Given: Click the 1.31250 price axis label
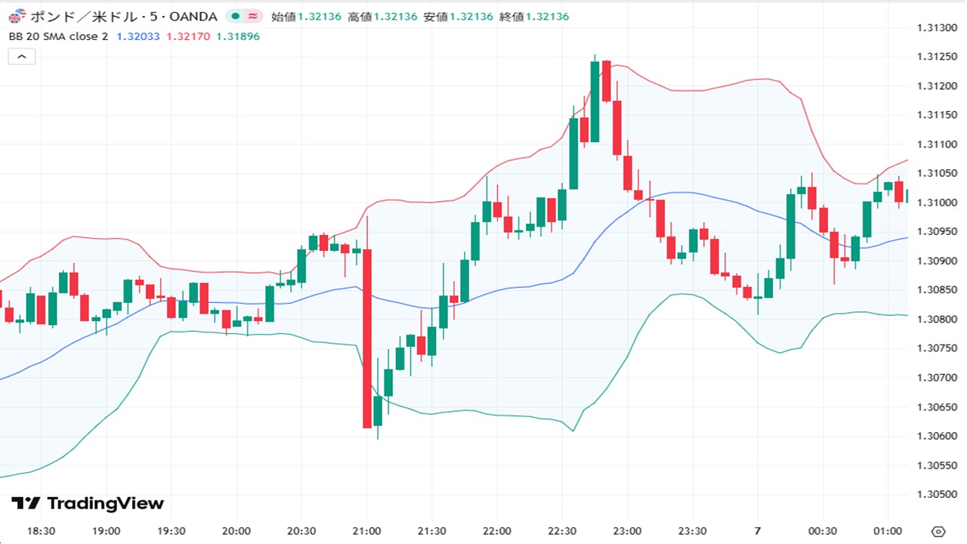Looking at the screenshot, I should tap(936, 57).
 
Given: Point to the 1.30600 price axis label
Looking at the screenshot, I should tap(936, 436).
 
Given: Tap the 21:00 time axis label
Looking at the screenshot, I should tap(367, 530).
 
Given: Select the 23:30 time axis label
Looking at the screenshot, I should tap(693, 530).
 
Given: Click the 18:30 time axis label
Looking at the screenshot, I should tap(41, 530).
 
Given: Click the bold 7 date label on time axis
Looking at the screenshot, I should tap(758, 530).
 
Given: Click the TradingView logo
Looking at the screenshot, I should tap(88, 503).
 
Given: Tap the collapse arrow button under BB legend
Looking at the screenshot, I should tap(22, 56).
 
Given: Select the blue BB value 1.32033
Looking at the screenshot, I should tap(138, 36).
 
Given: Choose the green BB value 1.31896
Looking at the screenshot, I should tap(238, 36).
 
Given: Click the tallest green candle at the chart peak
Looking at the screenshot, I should tap(595, 101).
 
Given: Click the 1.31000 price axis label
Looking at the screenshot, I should tap(936, 202).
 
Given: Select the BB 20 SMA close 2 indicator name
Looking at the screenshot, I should tap(58, 36).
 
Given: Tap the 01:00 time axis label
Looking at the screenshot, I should tap(888, 530).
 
